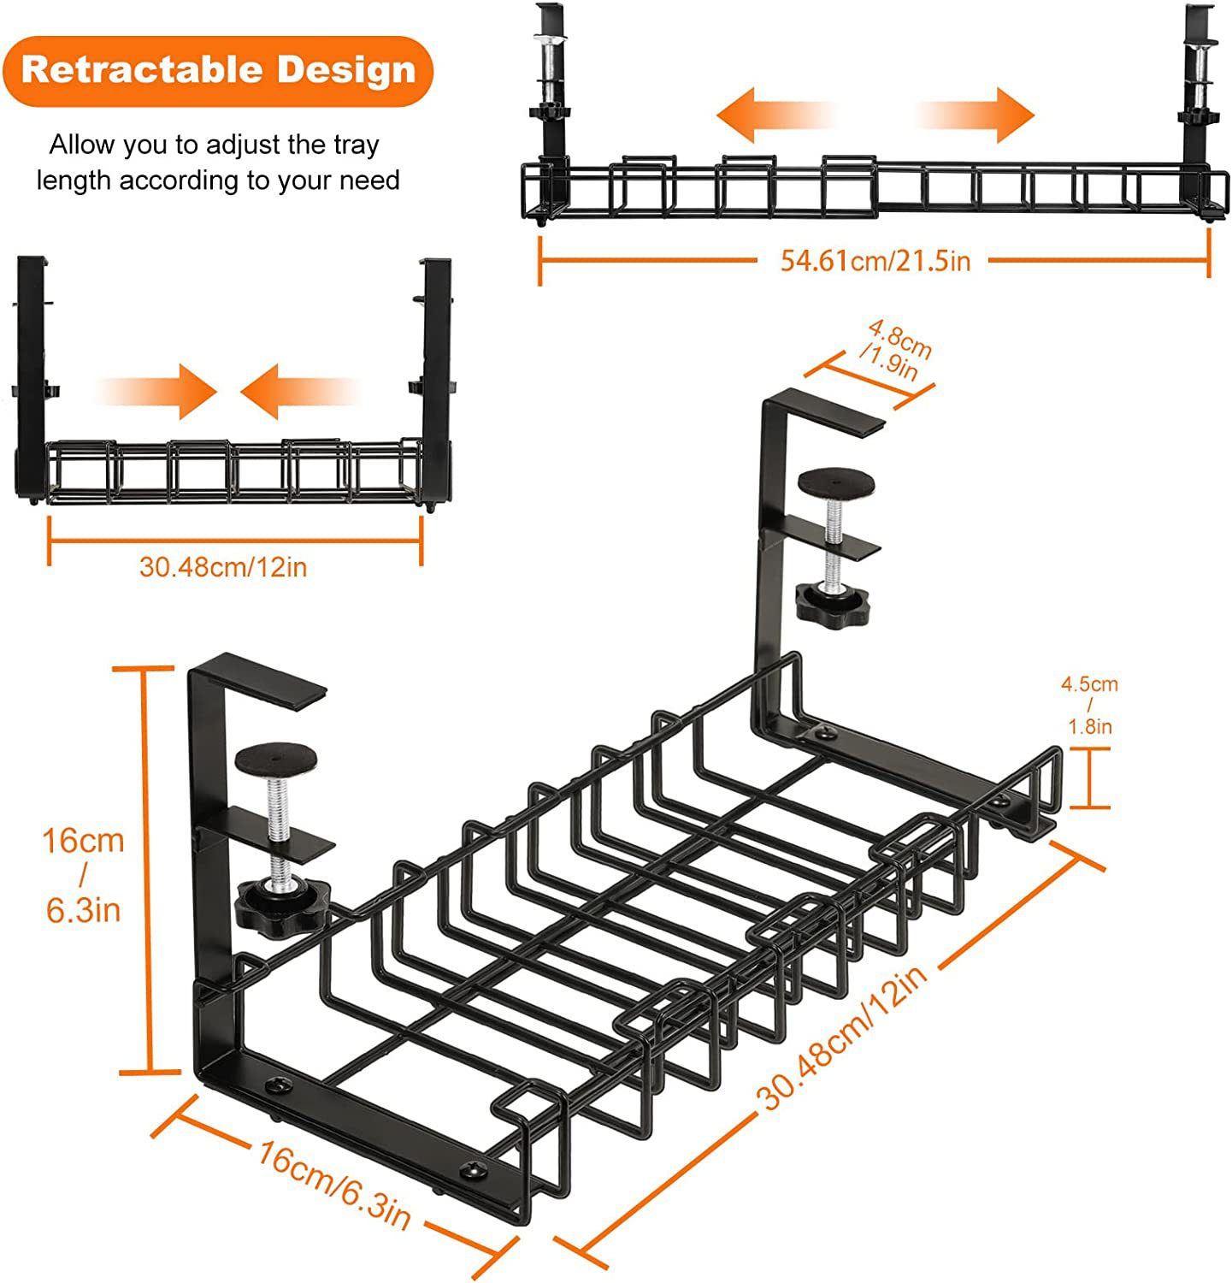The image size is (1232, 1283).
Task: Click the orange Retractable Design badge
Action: click(x=218, y=70)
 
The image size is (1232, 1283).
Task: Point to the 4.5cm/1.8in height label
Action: click(x=1089, y=705)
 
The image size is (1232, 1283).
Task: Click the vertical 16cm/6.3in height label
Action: click(x=84, y=875)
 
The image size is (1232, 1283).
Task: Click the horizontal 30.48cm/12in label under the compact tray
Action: click(x=223, y=566)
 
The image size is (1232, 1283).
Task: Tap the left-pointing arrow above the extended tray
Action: click(x=774, y=115)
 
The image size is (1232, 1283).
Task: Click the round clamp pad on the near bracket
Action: click(x=276, y=758)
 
